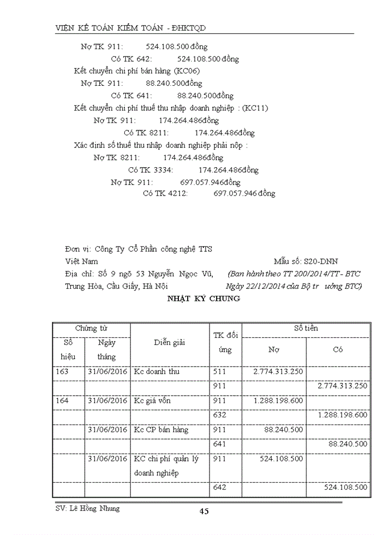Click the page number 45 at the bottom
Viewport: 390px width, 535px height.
pyautogui.click(x=204, y=512)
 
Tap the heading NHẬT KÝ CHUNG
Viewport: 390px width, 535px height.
pyautogui.click(x=204, y=299)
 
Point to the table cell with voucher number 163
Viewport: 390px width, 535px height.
pyautogui.click(x=63, y=371)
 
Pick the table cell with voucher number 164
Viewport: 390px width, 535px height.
pyautogui.click(x=63, y=400)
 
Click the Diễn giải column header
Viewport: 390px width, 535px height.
pyautogui.click(x=169, y=343)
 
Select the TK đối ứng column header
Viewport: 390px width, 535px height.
pyautogui.click(x=226, y=343)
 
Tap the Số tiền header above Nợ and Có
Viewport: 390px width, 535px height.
pyautogui.click(x=306, y=329)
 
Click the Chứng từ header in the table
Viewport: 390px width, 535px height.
pyautogui.click(x=91, y=329)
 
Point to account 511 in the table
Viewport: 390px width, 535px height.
pyautogui.click(x=220, y=371)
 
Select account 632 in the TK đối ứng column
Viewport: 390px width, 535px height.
pyautogui.click(x=220, y=415)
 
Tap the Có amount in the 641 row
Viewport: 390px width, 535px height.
pyautogui.click(x=348, y=444)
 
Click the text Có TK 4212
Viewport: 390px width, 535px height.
pyautogui.click(x=165, y=194)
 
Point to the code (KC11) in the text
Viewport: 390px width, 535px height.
pyautogui.click(x=255, y=108)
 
